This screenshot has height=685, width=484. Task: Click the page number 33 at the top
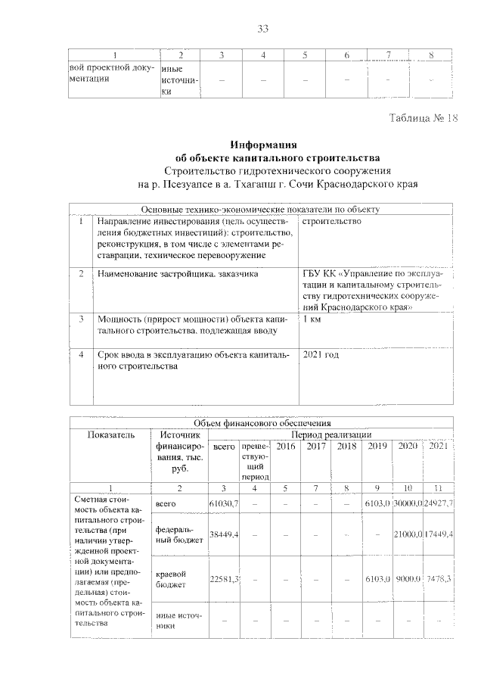pos(263,29)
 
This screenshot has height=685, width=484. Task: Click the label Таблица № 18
pos(423,119)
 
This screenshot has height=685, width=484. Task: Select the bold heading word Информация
pos(263,145)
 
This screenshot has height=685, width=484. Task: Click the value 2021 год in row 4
pos(321,353)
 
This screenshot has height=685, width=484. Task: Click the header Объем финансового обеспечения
pos(262,423)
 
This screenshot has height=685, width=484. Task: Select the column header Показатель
pos(110,434)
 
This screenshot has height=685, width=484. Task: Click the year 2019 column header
pos(376,447)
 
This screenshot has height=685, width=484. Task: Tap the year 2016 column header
pos(286,447)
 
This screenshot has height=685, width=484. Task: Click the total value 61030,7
pos(223,503)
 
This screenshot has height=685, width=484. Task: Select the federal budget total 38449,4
pos(223,535)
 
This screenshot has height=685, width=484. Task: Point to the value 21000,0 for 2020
pos(407,535)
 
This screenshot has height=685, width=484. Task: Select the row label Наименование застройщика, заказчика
pos(178,272)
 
